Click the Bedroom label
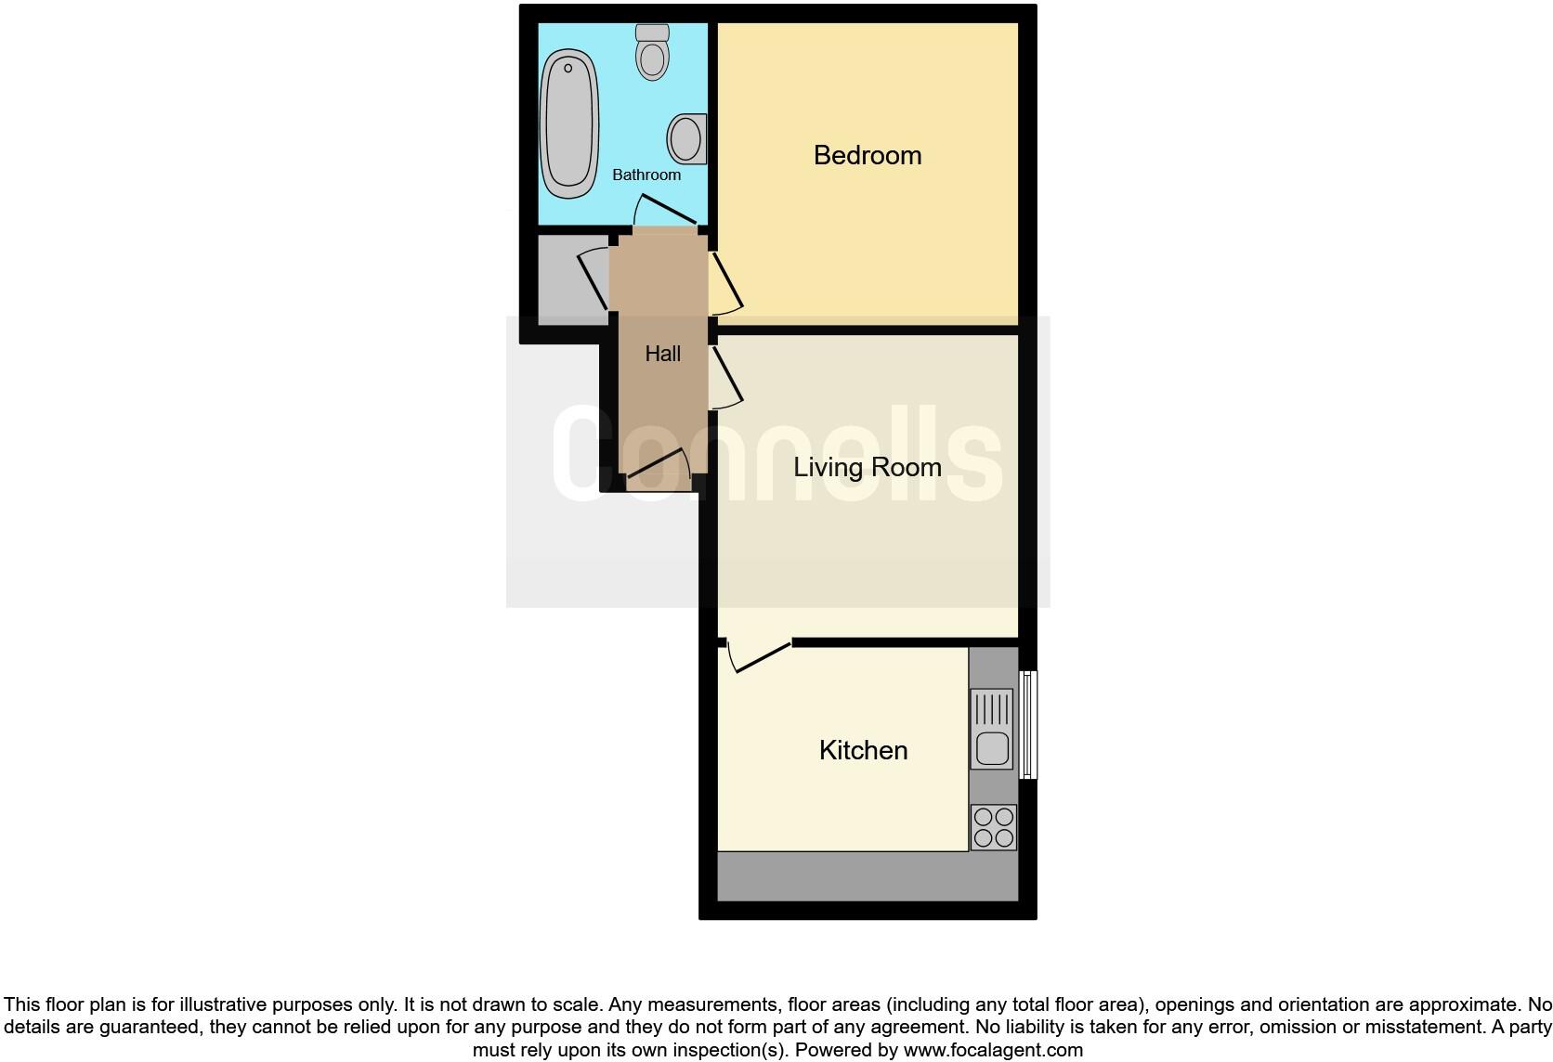tap(868, 155)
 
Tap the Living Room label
tap(868, 467)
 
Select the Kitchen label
tap(863, 750)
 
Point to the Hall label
tap(662, 354)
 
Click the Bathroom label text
tap(646, 175)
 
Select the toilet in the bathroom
tap(653, 52)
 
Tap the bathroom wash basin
tap(686, 139)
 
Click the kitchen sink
tap(992, 729)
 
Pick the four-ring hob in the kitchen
tap(993, 827)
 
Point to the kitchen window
tap(1027, 725)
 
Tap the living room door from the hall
tap(725, 377)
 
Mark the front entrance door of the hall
tap(658, 468)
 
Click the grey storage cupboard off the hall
tap(563, 278)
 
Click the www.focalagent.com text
tap(993, 1050)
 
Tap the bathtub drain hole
tap(568, 68)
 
